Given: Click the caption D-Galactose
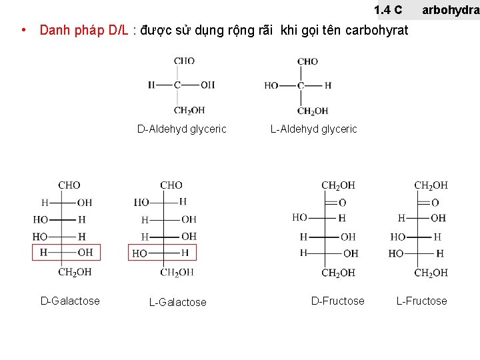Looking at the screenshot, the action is click(70, 301).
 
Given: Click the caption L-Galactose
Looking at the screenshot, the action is click(177, 302).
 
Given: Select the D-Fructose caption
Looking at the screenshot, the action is click(337, 301).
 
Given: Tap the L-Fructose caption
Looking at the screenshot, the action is click(421, 301).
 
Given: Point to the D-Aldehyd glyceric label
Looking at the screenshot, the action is click(181, 129).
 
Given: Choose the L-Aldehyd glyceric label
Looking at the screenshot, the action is click(313, 129).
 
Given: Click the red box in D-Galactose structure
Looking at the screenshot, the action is click(67, 252).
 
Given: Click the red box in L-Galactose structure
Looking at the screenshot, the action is click(162, 253).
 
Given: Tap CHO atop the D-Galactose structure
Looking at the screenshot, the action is click(69, 185).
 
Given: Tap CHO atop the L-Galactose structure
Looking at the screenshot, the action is click(171, 185).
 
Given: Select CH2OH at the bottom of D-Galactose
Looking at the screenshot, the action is click(75, 272).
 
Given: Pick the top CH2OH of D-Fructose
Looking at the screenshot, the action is click(338, 185).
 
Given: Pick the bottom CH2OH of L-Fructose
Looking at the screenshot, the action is click(431, 273).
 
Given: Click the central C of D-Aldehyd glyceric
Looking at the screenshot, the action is click(177, 85).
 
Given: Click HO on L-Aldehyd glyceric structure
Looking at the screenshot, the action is click(271, 85).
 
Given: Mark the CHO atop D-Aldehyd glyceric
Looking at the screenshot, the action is click(184, 61).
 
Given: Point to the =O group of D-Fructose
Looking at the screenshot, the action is click(341, 202).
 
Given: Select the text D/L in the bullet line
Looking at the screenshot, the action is click(120, 30).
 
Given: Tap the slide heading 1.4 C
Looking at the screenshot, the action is click(388, 9).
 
